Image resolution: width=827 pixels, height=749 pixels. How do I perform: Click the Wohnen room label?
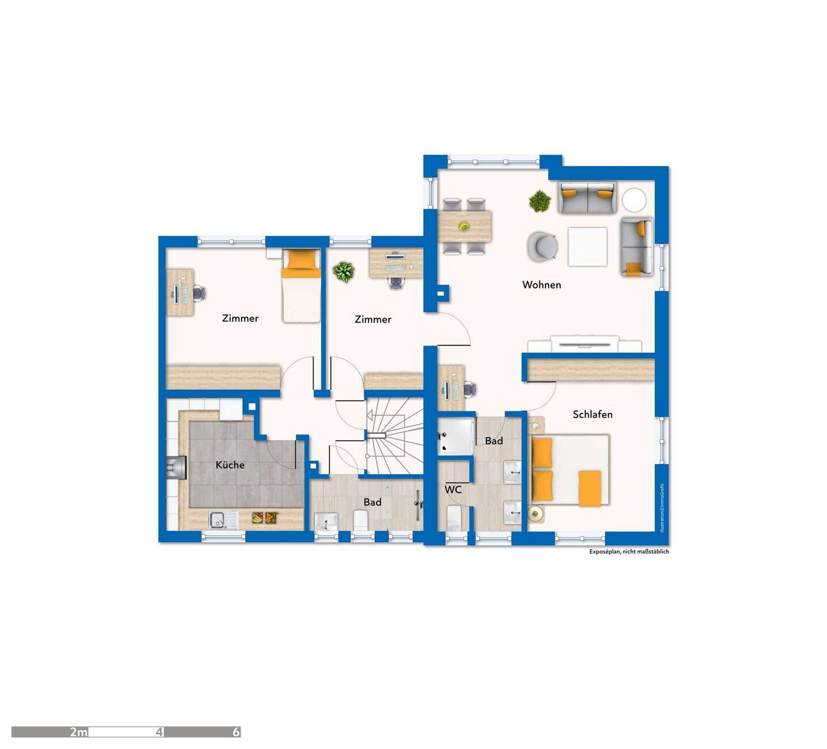click(x=542, y=285)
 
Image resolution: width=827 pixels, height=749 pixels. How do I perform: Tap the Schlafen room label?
click(x=592, y=414)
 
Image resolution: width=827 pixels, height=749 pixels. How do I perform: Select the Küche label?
click(x=230, y=465)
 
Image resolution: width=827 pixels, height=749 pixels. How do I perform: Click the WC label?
click(x=453, y=490)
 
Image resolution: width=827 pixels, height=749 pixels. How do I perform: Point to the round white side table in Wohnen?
click(x=633, y=200)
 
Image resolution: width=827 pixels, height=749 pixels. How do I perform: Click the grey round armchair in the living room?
click(x=543, y=246)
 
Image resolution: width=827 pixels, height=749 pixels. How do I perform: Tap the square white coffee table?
click(x=588, y=246)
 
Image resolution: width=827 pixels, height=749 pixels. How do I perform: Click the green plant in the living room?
click(x=540, y=201)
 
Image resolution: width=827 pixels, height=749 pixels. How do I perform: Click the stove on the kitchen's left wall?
click(x=176, y=468)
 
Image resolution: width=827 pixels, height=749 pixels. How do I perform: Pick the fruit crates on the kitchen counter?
click(x=264, y=517)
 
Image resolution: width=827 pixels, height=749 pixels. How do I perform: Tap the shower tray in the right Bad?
click(x=455, y=436)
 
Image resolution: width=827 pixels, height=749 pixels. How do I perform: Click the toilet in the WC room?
click(x=454, y=518)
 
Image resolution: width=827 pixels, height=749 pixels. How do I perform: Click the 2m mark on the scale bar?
click(x=78, y=732)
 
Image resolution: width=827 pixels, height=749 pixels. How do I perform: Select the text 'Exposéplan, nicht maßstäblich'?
click(x=629, y=551)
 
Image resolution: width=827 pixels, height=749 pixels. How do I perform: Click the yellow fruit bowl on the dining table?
click(x=464, y=226)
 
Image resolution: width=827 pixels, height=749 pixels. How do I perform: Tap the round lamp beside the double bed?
click(x=536, y=513)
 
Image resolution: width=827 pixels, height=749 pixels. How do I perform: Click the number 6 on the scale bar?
click(x=236, y=732)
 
